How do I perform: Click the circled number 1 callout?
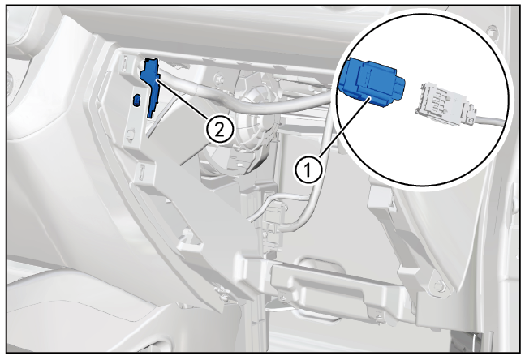308,170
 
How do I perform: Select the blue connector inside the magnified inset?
371,82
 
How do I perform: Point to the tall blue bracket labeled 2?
151,87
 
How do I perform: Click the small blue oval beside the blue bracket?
136,100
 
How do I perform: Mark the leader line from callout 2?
182,97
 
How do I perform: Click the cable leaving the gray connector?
489,120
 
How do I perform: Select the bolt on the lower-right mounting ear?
438,285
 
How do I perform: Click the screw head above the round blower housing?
220,78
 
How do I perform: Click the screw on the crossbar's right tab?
379,316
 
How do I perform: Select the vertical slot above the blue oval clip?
124,62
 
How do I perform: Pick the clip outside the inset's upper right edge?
492,31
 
